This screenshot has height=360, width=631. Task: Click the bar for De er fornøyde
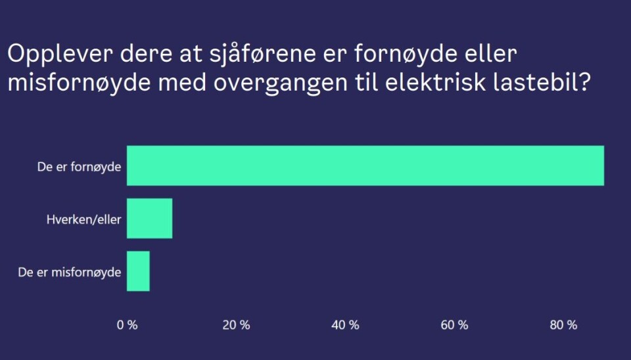(365, 166)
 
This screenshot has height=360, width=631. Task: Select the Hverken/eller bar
(149, 218)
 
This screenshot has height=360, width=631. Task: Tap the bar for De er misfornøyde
(138, 271)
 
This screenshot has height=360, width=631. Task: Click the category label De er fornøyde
(79, 167)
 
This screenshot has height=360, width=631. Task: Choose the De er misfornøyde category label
(70, 272)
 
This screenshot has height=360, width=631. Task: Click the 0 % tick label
(127, 325)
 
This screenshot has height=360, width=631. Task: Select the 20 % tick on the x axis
(236, 325)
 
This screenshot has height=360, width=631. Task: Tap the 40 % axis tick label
(345, 325)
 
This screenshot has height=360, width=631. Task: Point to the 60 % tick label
(454, 325)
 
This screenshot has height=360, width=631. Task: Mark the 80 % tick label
(563, 325)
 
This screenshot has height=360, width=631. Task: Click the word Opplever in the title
(50, 55)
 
